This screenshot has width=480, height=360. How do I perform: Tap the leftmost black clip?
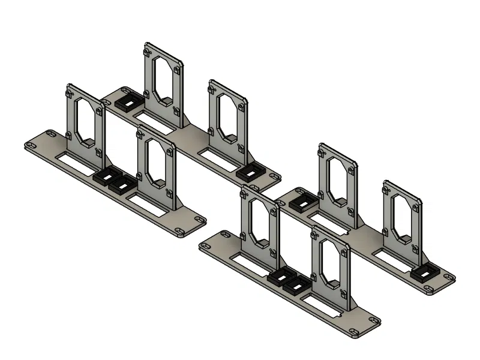click(104, 177)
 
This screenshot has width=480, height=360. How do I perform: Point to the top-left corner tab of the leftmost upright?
click(70, 92)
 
